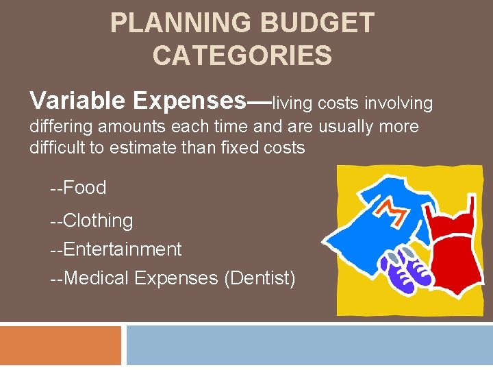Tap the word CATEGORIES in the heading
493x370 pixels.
pyautogui.click(x=242, y=56)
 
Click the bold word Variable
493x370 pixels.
pyautogui.click(x=77, y=101)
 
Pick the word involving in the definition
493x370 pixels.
pyautogui.click(x=399, y=103)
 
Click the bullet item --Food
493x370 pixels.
pyautogui.click(x=78, y=187)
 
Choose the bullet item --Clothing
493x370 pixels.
pyautogui.click(x=91, y=221)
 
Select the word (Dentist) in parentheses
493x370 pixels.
pyautogui.click(x=262, y=278)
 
